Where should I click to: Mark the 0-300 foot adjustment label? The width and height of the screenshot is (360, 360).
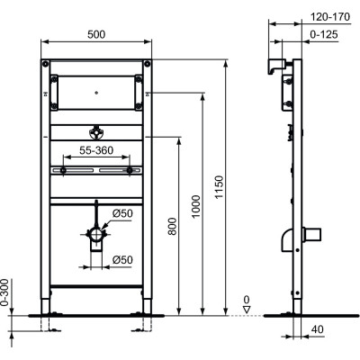point(8,292)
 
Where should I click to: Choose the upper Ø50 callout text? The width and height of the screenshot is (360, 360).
point(122,213)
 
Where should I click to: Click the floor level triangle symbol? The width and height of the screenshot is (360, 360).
point(247,309)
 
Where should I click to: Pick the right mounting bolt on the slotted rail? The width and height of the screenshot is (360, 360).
point(131,170)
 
